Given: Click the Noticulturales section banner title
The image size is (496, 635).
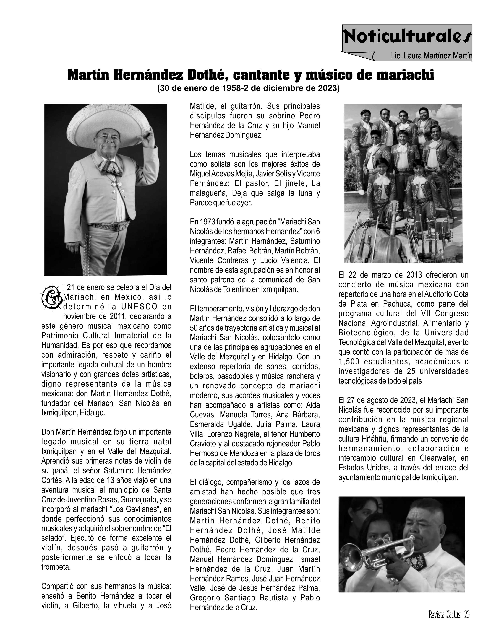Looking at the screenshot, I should [x=407, y=37].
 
